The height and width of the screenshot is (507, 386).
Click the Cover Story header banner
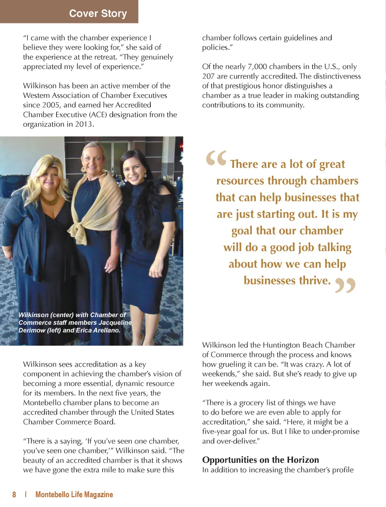click(98, 13)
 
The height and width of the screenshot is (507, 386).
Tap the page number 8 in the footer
click(14, 495)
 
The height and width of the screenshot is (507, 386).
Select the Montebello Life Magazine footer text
click(74, 495)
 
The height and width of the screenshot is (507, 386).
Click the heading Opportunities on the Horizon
click(260, 460)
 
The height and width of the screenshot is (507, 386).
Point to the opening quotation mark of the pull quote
click(216, 158)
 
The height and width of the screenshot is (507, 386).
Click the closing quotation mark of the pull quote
click(345, 285)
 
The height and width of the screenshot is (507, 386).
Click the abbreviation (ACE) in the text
click(98, 115)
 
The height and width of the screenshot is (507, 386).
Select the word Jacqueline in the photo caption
click(115, 323)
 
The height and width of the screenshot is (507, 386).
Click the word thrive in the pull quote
click(314, 281)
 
